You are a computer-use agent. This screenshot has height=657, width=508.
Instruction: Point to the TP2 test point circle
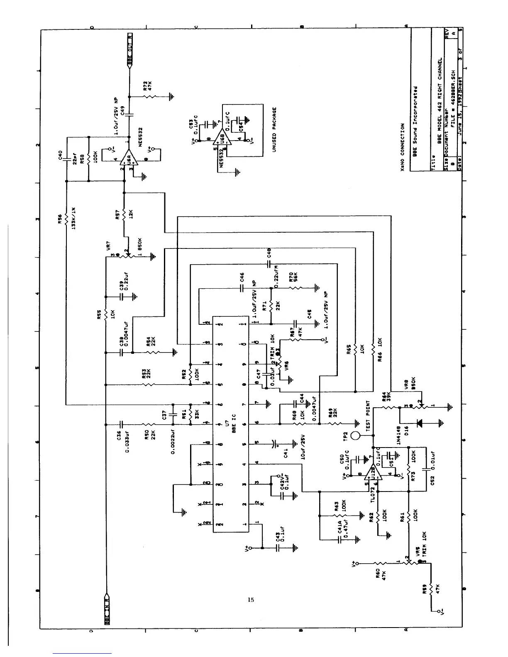click(355, 436)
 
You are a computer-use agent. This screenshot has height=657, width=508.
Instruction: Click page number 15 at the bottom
click(250, 599)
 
